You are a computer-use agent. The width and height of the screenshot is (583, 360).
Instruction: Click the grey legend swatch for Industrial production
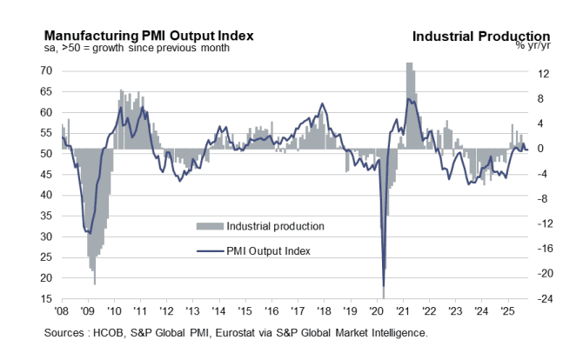pos(209,226)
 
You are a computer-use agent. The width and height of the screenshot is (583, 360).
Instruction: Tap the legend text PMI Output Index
pos(268,250)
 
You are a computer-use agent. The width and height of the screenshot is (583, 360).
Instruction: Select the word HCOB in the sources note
pos(122,332)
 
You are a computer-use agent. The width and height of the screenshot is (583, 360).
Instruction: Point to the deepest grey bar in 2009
pos(94,283)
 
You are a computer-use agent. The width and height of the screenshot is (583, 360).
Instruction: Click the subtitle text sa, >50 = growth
pos(83,48)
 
